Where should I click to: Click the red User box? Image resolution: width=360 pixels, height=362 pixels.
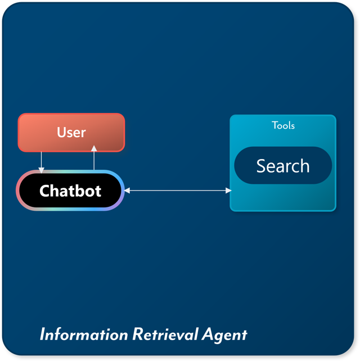[x=71, y=133]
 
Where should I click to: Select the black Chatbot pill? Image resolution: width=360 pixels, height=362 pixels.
[x=70, y=191]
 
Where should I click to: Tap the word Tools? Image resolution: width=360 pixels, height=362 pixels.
[x=283, y=125]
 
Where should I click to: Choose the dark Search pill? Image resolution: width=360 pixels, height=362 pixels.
[x=283, y=166]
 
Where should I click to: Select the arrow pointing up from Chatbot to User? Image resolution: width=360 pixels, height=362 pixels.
[x=94, y=159]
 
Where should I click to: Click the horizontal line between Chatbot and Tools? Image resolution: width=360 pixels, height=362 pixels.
[x=177, y=191]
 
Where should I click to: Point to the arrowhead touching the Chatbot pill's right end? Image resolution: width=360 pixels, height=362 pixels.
[x=127, y=191]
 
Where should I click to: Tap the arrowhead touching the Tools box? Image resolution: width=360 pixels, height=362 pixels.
[x=228, y=191]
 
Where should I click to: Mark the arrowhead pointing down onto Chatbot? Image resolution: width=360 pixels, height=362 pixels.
[x=41, y=169]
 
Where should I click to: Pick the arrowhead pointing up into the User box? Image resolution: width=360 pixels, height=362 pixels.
[x=94, y=148]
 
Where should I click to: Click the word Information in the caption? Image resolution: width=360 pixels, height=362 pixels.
[x=84, y=334]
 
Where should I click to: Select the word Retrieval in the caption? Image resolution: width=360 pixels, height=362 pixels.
[x=165, y=334]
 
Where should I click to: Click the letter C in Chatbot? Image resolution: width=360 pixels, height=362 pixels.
[x=45, y=191]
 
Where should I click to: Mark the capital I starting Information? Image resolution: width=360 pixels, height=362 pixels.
[x=42, y=334]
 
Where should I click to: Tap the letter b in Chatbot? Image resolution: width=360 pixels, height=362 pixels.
[x=83, y=191]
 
